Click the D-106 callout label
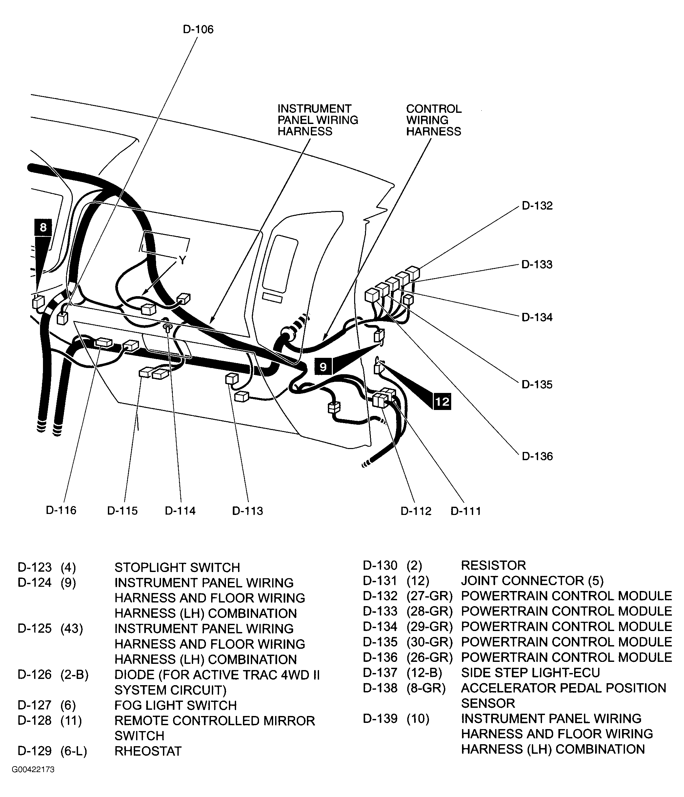[198, 29]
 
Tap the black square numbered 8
[43, 227]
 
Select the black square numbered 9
[323, 367]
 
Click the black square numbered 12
[442, 401]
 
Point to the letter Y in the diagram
[182, 261]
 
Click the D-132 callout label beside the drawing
[537, 206]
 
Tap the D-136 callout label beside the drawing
[537, 456]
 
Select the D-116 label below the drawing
[61, 510]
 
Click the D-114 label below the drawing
[180, 511]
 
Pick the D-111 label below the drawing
[465, 511]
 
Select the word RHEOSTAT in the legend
[148, 751]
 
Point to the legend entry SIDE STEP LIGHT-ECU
[530, 672]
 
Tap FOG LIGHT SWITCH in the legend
[175, 705]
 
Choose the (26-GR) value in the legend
[430, 657]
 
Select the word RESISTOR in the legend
[493, 565]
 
